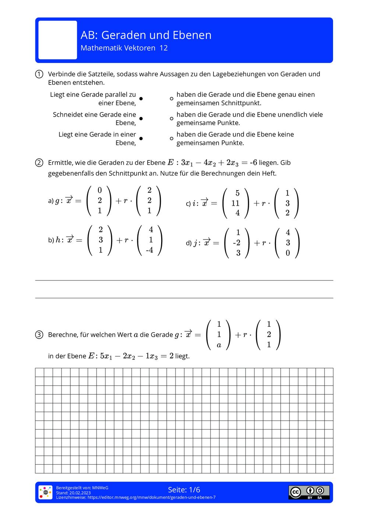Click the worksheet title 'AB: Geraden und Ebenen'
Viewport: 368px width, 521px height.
coord(146,35)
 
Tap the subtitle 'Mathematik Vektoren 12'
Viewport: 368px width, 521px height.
coord(124,48)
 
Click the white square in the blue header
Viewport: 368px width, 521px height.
coord(58,40)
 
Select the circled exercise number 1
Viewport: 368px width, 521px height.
coord(39,74)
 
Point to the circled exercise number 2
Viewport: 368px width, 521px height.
coord(39,163)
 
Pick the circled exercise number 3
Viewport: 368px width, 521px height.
coord(39,335)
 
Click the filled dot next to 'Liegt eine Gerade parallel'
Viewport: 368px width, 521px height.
coord(141,99)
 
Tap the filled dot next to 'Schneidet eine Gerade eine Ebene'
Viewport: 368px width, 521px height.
coord(141,118)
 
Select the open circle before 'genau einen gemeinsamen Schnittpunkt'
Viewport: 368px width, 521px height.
coord(171,99)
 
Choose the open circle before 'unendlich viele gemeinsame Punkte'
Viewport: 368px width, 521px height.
coord(171,118)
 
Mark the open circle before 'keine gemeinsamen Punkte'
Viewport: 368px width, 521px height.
coord(171,139)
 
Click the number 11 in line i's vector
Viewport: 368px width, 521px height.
coord(236,203)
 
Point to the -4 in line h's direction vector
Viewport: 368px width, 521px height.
coord(149,250)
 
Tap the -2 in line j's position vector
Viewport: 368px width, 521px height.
coord(237,243)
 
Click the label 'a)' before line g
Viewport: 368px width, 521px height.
coord(51,201)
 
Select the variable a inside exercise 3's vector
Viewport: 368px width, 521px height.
coord(219,345)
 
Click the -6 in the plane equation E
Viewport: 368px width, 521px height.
coord(253,163)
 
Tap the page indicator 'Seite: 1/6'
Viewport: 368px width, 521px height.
coord(184,490)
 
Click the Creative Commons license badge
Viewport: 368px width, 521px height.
coord(309,492)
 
